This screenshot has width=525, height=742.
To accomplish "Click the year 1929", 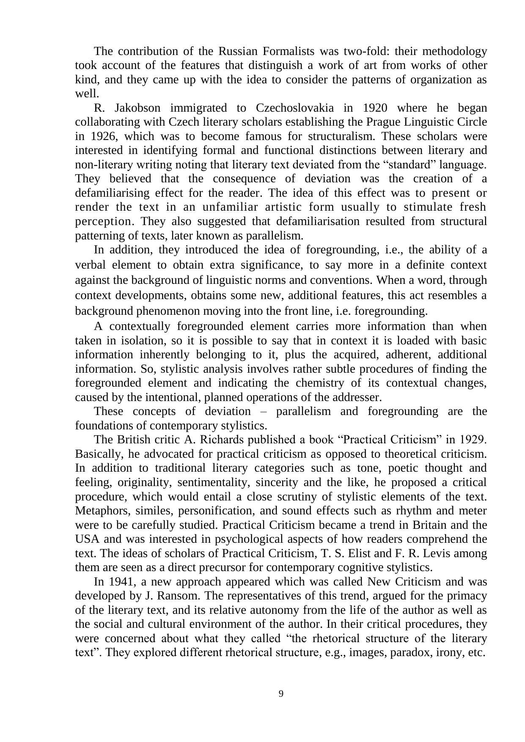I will (x=471, y=440).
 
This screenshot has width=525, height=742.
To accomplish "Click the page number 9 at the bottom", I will (x=281, y=694).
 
